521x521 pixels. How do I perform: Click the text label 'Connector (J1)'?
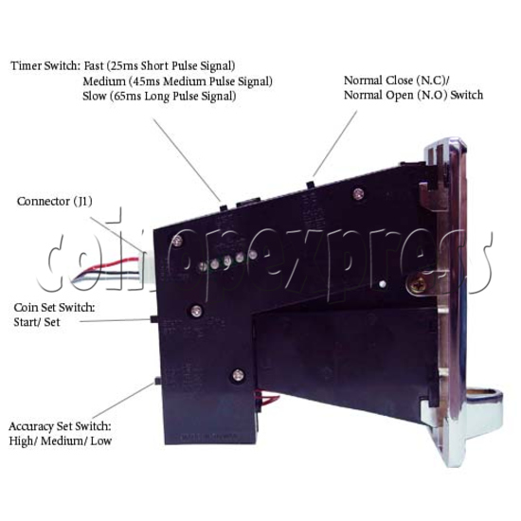[x=55, y=202]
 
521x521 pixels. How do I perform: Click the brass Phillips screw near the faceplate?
[x=417, y=284]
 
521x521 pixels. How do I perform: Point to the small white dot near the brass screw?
[x=382, y=284]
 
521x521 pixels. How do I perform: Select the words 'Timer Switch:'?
[x=45, y=65]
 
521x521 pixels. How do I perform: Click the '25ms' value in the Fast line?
[x=123, y=65]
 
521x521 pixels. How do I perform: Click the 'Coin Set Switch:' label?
[x=55, y=307]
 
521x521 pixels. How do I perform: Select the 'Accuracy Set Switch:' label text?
[x=60, y=426]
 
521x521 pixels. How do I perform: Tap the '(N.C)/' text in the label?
[x=433, y=81]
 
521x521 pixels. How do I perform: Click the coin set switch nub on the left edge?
[x=154, y=319]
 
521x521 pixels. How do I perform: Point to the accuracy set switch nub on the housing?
[x=158, y=381]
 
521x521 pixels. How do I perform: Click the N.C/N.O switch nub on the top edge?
[x=311, y=184]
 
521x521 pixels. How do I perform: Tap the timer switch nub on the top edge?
[x=224, y=207]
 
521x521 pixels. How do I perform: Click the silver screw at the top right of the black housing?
[x=358, y=193]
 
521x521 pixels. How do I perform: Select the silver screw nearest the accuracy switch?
[x=238, y=375]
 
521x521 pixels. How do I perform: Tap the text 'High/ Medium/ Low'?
[x=60, y=441]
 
